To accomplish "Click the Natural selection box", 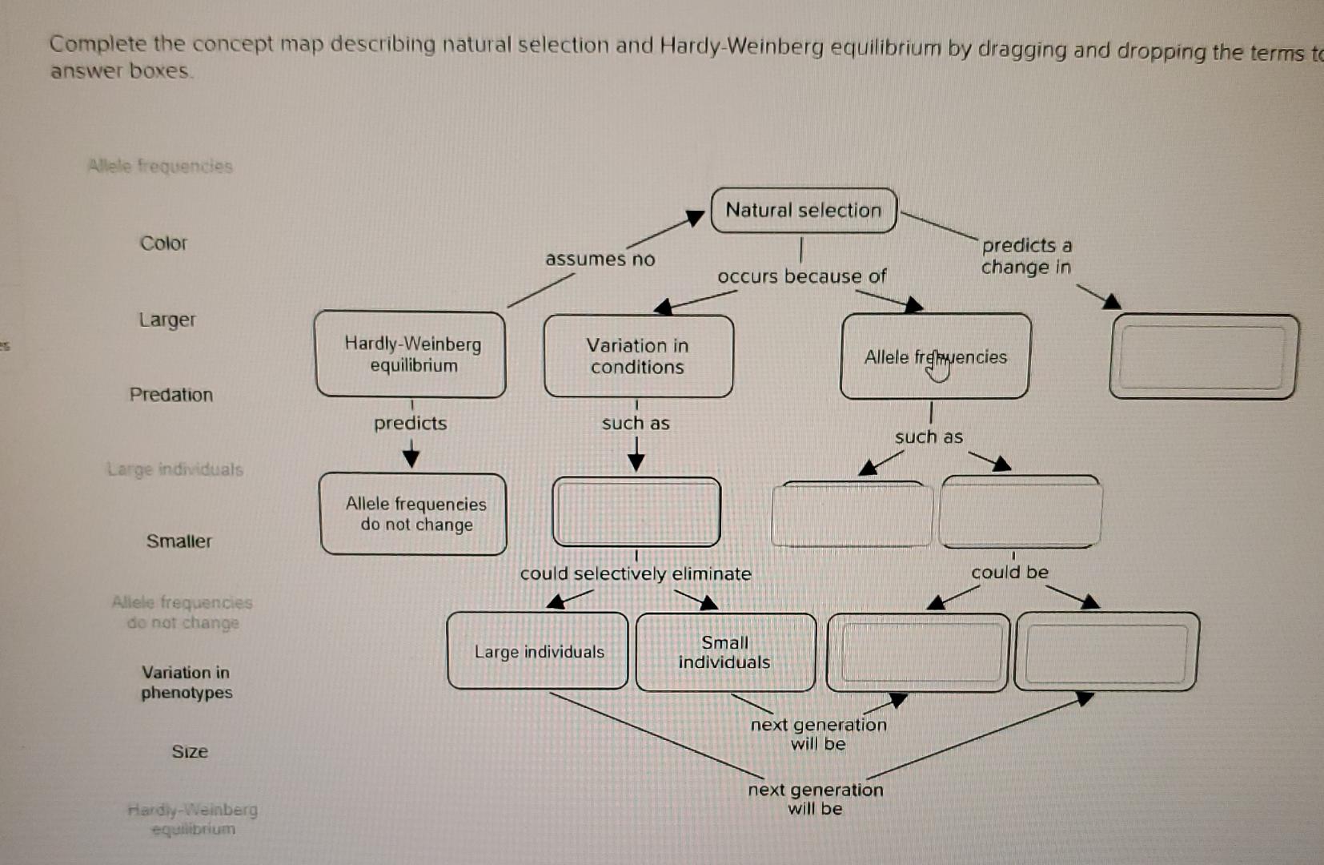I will (x=804, y=211).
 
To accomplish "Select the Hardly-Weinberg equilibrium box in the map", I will (x=411, y=355).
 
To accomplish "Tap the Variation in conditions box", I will (x=638, y=356).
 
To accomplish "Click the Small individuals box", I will (x=724, y=652).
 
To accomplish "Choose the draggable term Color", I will (x=163, y=243).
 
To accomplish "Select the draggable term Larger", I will (x=167, y=320).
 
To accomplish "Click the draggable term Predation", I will (x=171, y=395).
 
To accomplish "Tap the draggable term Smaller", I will (x=179, y=541).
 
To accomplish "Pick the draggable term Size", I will (x=190, y=751).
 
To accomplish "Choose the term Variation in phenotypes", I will (x=187, y=682).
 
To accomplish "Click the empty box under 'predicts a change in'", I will (x=1203, y=356).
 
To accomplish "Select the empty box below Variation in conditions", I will (x=636, y=513).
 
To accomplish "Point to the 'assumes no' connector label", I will (x=600, y=259).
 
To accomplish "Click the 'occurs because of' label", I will (x=801, y=277).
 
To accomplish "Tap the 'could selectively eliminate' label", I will (x=636, y=574).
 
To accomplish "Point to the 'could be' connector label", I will (x=1009, y=573).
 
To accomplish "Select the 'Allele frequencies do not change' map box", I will (x=415, y=514).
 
